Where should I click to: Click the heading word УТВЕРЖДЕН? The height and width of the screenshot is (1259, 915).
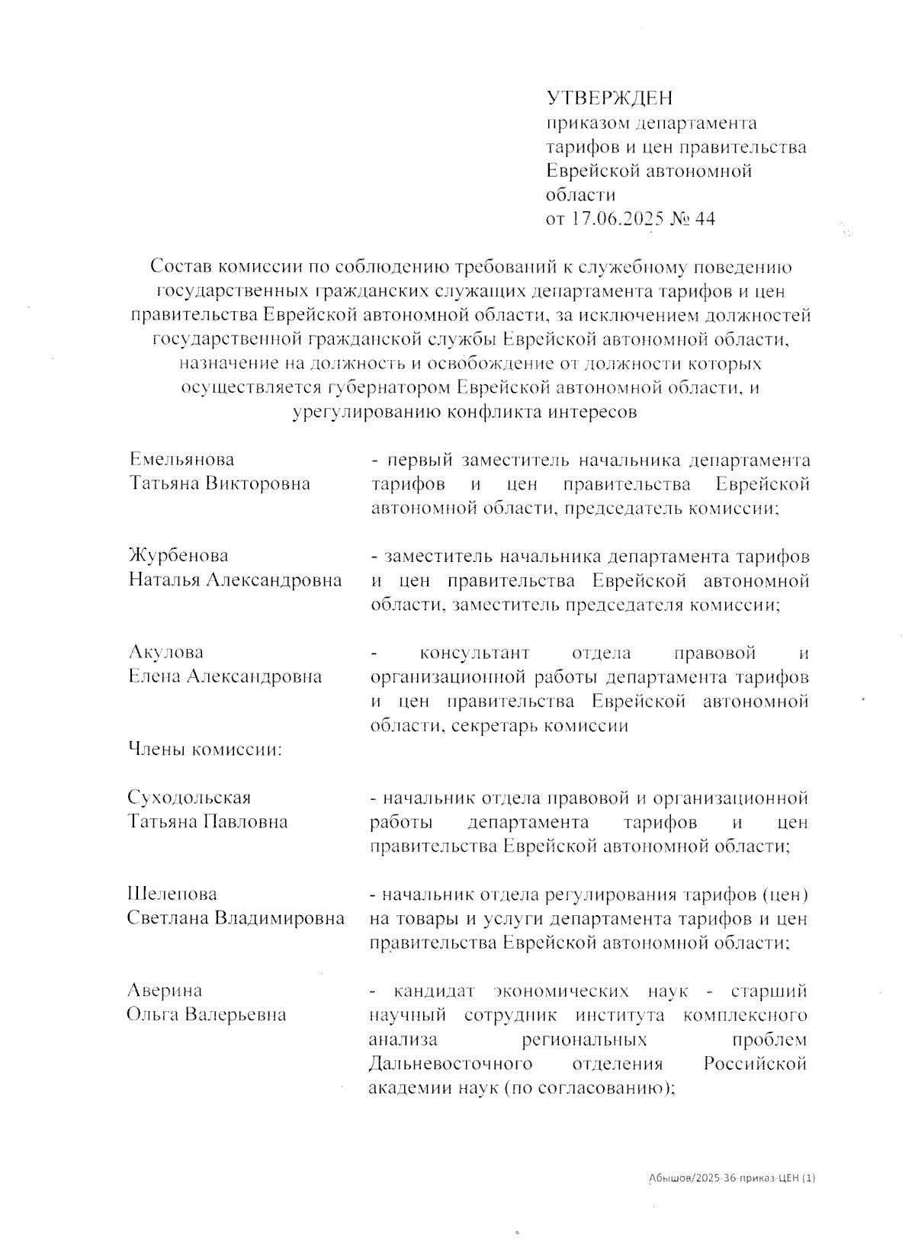[609, 98]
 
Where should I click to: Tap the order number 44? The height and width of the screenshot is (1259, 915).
[705, 219]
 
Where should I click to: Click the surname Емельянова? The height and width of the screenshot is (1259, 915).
[181, 459]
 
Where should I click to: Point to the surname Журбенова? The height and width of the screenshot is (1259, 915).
[178, 556]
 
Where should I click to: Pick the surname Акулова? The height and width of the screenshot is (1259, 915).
[165, 652]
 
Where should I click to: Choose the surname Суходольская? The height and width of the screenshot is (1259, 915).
[189, 798]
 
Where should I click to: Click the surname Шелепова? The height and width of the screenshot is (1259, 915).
[172, 894]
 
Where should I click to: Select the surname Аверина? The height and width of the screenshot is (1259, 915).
[165, 991]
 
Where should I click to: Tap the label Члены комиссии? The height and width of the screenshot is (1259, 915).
[205, 750]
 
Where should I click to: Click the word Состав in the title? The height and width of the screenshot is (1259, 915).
[181, 267]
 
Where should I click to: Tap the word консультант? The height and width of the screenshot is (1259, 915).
[474, 654]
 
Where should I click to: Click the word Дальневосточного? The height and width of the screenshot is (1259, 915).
[451, 1064]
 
